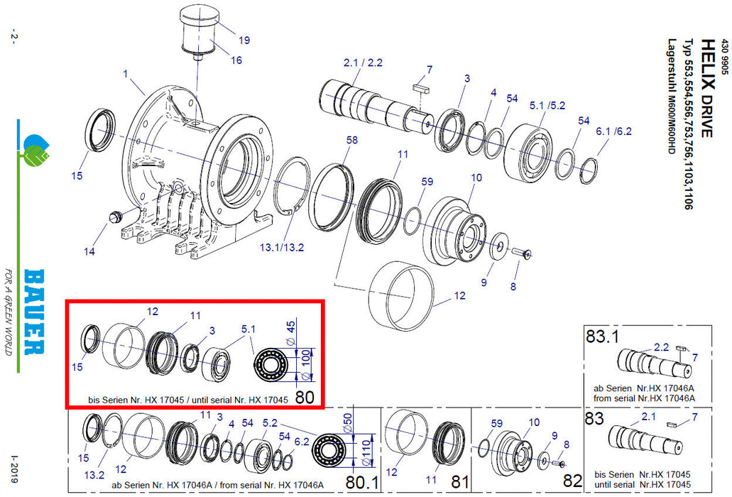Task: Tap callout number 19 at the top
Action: [x=244, y=40]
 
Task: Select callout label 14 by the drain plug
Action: [x=89, y=250]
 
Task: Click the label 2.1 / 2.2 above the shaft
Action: [x=363, y=63]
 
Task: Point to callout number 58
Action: [x=352, y=141]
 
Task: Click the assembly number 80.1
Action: [x=363, y=482]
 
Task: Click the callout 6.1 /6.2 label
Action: [x=613, y=131]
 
